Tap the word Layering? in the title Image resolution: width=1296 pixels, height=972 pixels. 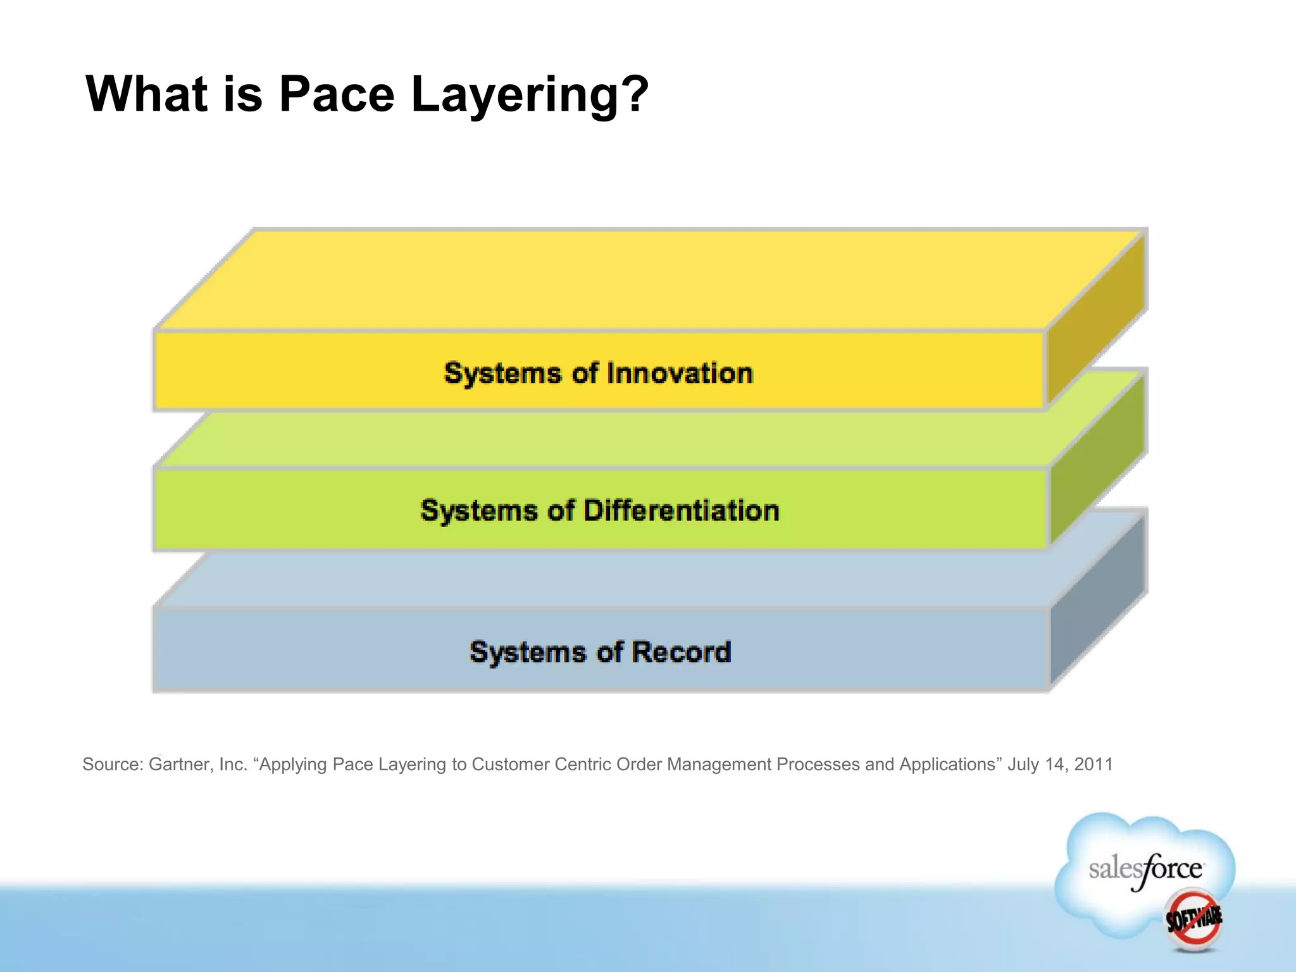click(x=530, y=95)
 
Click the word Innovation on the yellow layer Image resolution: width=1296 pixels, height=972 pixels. click(x=680, y=373)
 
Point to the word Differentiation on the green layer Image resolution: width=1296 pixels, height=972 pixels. click(x=681, y=511)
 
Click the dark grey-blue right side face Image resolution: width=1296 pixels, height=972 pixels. click(x=1098, y=598)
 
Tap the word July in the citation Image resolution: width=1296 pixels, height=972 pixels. click(x=1023, y=764)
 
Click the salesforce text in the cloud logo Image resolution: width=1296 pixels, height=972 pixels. click(x=1145, y=869)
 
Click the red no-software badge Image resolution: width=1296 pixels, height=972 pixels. click(x=1193, y=919)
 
